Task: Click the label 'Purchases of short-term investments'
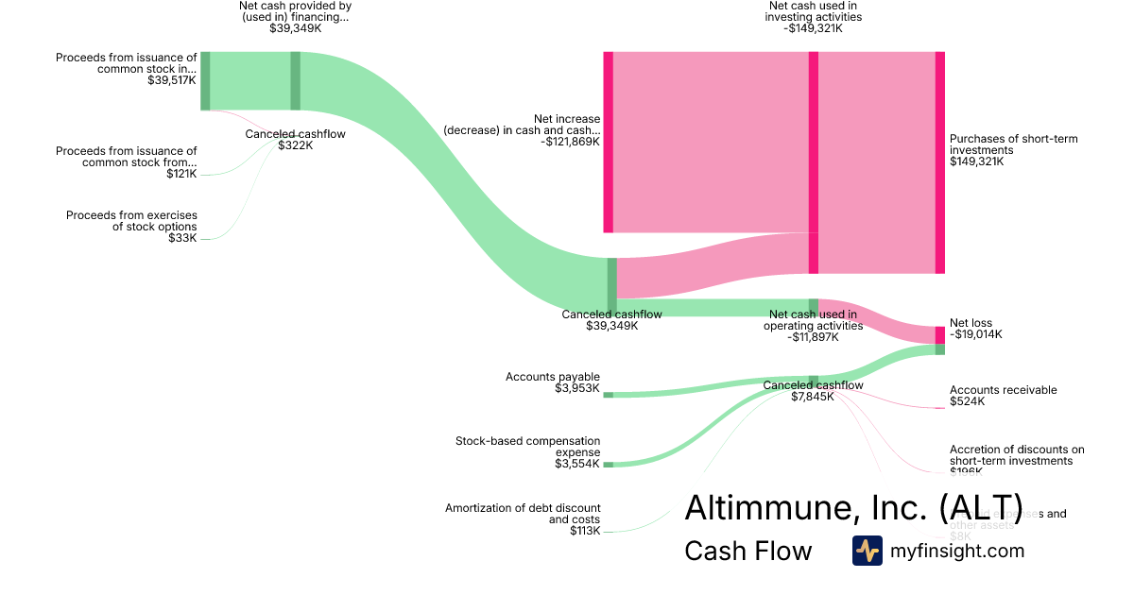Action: tap(1013, 144)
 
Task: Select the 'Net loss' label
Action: tap(971, 323)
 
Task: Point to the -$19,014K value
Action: tap(976, 334)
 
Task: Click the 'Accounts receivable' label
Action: tap(1003, 390)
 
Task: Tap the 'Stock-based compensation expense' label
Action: tap(527, 446)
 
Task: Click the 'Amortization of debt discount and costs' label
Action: tap(523, 514)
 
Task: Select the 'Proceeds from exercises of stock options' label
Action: tap(131, 221)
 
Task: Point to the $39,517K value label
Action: tap(172, 80)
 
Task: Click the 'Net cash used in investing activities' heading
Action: tap(814, 10)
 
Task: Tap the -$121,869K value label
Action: tap(571, 142)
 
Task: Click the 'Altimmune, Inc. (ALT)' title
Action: tap(853, 507)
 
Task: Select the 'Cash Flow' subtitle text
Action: tap(747, 552)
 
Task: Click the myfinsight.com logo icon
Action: tap(867, 551)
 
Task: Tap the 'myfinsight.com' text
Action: tap(957, 551)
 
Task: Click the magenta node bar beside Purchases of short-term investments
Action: tap(939, 162)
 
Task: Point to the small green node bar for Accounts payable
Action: tap(608, 395)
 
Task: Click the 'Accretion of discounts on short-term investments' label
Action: tap(1017, 455)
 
